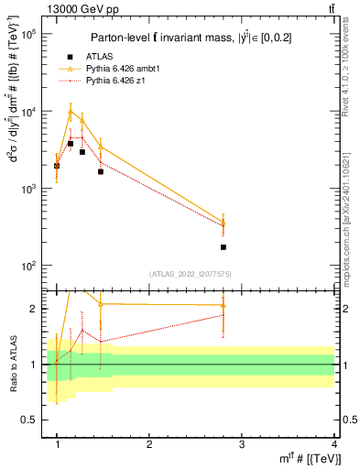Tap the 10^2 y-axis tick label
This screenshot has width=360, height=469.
[27, 266]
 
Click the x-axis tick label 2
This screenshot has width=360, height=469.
[150, 443]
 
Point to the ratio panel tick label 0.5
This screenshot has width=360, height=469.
[30, 420]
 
